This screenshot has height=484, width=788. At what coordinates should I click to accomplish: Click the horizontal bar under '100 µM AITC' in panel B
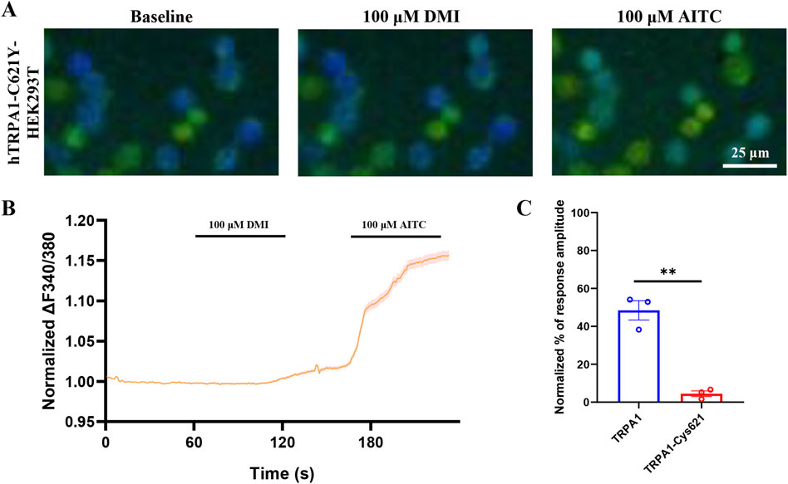[x=395, y=236]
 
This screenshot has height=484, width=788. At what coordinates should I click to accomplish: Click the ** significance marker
[x=670, y=271]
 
